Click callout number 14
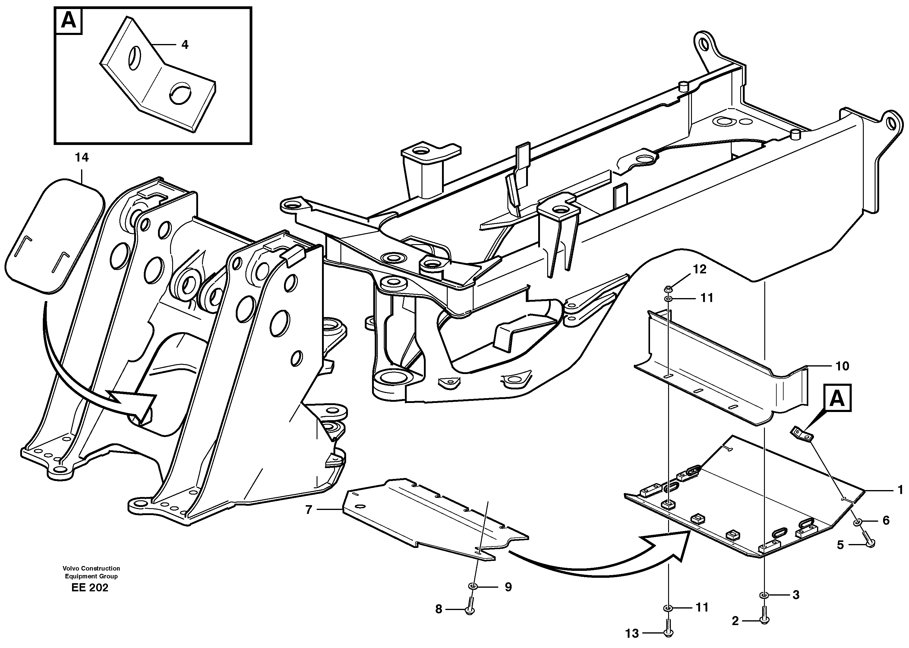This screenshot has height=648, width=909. [x=81, y=158]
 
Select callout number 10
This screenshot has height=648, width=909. [x=842, y=366]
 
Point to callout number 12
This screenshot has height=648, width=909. [x=699, y=269]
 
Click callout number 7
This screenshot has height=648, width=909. [x=308, y=510]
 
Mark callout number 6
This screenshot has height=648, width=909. [x=886, y=520]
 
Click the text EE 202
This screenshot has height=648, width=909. [x=90, y=588]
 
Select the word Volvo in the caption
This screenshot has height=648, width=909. [x=71, y=568]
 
